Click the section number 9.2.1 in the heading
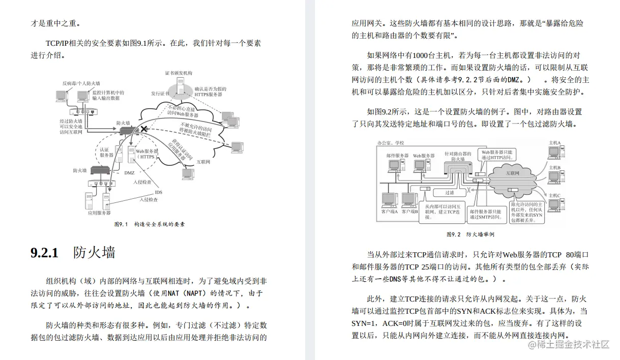[x=45, y=253]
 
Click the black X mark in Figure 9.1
[x=144, y=129]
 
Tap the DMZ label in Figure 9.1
[x=129, y=173]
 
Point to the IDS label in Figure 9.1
[x=159, y=192]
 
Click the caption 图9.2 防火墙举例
[x=470, y=234]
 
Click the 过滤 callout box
[x=449, y=192]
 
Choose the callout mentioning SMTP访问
[x=486, y=214]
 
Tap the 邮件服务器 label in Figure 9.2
[x=397, y=156]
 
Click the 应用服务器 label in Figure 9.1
[x=99, y=213]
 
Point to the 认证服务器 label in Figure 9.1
[x=106, y=152]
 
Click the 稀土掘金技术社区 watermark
[x=568, y=345]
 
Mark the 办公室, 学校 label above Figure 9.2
[x=391, y=144]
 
